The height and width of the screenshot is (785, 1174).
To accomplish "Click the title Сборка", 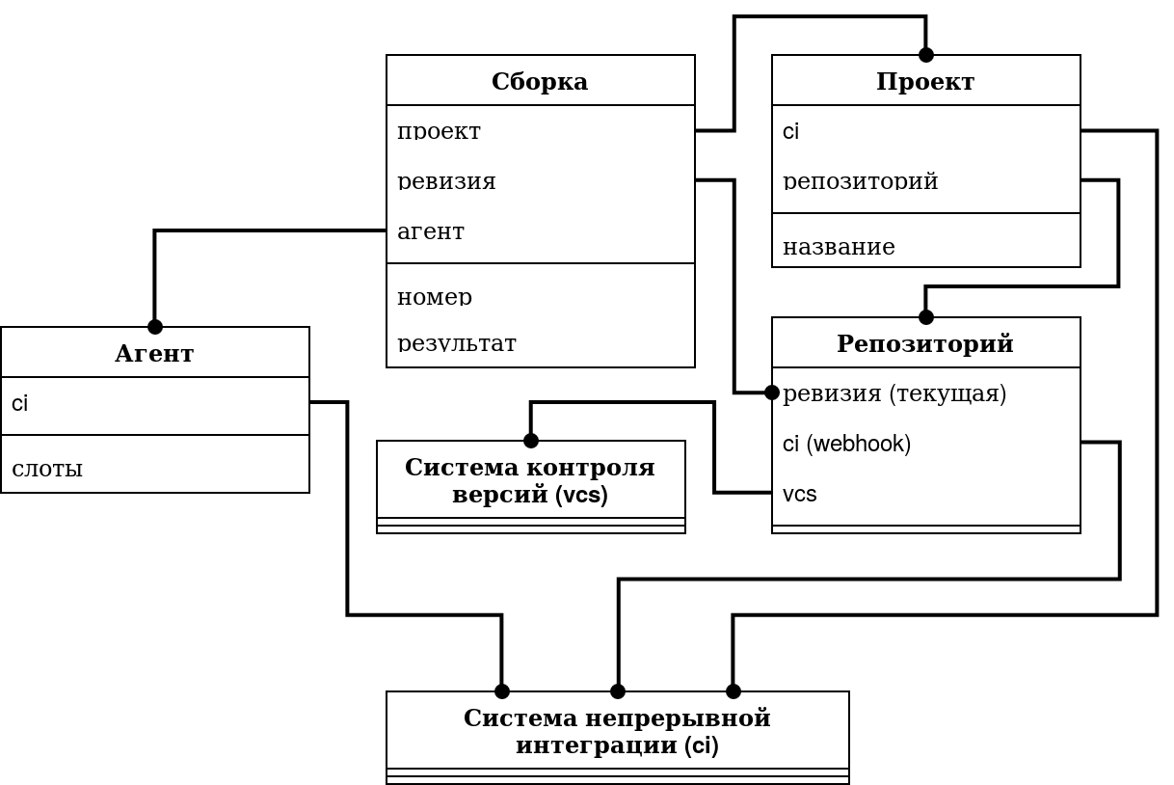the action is (540, 82).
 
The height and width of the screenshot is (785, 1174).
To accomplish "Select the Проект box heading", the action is (925, 82).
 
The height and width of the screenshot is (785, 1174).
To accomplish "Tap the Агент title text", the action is (154, 353).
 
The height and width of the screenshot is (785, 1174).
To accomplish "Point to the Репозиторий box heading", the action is (925, 344).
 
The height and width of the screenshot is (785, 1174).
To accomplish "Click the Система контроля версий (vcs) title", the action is (530, 481).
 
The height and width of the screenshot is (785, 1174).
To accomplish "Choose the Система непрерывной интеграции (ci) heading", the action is (617, 732).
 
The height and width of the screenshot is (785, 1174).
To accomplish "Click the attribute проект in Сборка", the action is (439, 131).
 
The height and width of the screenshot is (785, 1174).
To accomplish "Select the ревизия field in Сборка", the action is (446, 181).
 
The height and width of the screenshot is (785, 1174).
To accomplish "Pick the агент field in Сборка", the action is (431, 231).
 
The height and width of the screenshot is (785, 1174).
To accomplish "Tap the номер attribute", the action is (435, 297).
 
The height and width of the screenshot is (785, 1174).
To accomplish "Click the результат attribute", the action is (457, 343).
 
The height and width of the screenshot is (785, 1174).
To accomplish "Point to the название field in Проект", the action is (839, 247).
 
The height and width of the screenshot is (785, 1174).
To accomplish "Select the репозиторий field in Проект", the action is (860, 181).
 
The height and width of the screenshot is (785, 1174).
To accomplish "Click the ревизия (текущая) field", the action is (894, 393).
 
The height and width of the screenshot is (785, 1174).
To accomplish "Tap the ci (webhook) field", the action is (846, 444).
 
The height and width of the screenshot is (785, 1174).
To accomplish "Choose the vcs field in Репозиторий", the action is (799, 494).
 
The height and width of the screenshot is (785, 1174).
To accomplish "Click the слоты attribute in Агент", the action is (47, 469).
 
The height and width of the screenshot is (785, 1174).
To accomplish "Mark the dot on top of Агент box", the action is (154, 327).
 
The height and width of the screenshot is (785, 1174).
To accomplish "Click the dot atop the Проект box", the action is (926, 55).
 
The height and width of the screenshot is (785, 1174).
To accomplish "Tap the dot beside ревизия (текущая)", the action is (771, 392).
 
